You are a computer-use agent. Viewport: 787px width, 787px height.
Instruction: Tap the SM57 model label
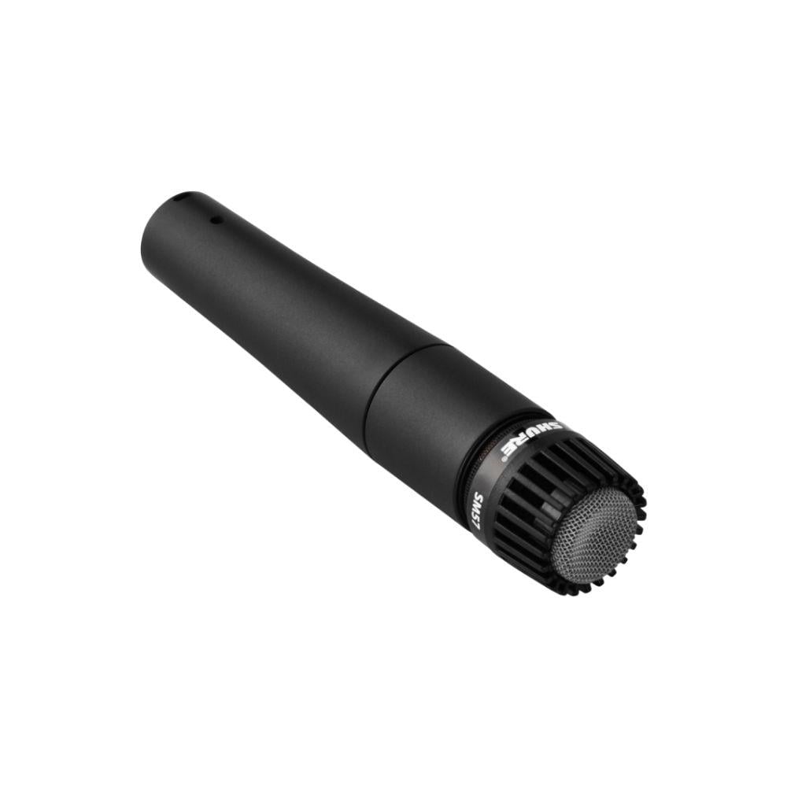click(x=481, y=508)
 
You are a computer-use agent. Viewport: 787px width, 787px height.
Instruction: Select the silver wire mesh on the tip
click(x=594, y=535)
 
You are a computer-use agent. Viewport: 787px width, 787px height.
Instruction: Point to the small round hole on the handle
click(x=217, y=220)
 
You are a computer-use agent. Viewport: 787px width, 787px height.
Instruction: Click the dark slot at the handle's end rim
click(x=176, y=198)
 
